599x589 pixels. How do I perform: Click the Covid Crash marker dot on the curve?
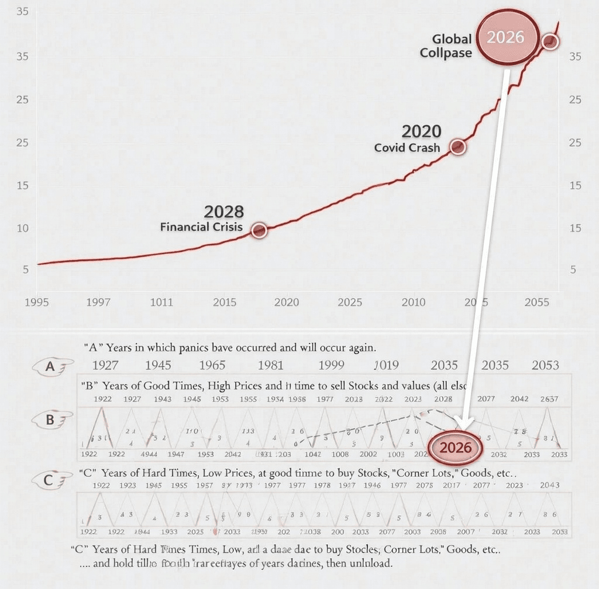tap(458, 147)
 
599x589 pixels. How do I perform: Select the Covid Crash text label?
tap(407, 148)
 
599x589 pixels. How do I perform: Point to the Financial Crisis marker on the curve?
tap(259, 230)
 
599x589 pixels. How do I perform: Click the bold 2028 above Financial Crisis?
tap(223, 212)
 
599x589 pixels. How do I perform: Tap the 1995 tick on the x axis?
tap(37, 302)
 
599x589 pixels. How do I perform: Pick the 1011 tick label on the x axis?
tap(161, 302)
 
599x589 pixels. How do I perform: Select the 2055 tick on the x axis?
tap(536, 302)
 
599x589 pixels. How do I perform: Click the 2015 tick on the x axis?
tap(225, 302)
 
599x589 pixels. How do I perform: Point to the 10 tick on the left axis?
tap(23, 228)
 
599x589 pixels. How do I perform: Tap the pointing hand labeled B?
tap(54, 420)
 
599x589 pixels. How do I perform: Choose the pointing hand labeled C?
tap(53, 480)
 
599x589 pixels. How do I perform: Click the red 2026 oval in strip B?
tap(455, 448)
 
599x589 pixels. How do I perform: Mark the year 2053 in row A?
tap(545, 366)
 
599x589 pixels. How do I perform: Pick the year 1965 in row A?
tap(212, 366)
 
